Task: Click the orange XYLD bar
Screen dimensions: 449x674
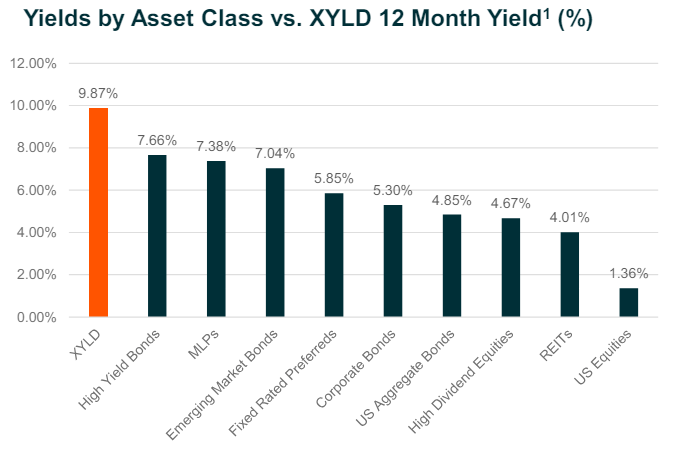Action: [x=98, y=212]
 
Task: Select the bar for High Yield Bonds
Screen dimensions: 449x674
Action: [x=157, y=236]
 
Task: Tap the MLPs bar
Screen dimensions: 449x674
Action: [x=216, y=239]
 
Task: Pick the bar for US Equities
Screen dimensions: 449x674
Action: [x=628, y=302]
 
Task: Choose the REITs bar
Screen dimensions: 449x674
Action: [x=569, y=274]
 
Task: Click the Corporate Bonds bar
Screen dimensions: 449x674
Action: [x=393, y=261]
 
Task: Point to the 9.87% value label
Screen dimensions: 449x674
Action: [x=98, y=93]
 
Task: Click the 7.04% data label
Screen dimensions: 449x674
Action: [x=275, y=153]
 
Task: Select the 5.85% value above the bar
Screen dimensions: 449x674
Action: [x=334, y=178]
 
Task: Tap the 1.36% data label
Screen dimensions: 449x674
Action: [x=628, y=273]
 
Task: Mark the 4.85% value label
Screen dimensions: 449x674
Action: [x=452, y=199]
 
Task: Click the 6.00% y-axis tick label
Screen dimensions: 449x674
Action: [x=36, y=190]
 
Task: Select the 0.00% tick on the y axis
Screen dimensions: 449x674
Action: [x=36, y=317]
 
